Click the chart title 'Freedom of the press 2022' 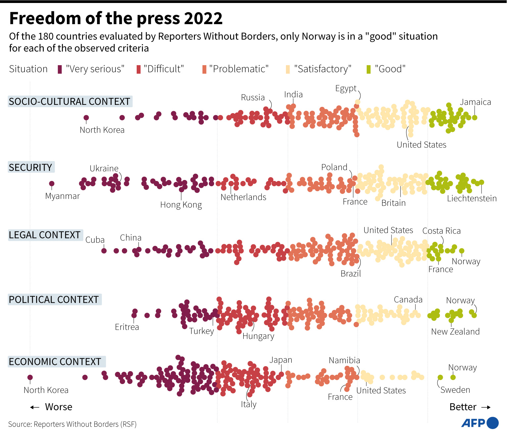click(x=116, y=18)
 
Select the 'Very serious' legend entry click(x=91, y=69)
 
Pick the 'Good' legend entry click(x=386, y=69)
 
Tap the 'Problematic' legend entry click(x=236, y=69)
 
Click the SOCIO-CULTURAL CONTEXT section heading click(x=69, y=102)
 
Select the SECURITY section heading click(x=30, y=167)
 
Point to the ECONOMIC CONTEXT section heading click(x=55, y=362)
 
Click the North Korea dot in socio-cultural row click(x=86, y=118)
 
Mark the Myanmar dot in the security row click(x=52, y=184)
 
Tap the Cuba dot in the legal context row click(x=104, y=251)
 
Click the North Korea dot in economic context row click(x=30, y=377)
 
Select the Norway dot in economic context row click(x=453, y=377)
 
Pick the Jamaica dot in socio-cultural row click(x=475, y=117)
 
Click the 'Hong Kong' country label click(x=181, y=205)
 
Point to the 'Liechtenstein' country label click(x=472, y=198)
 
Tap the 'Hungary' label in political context click(x=258, y=336)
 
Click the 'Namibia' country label click(x=344, y=360)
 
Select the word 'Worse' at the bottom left click(x=59, y=407)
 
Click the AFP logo click(x=480, y=423)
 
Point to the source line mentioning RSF click(x=72, y=424)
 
